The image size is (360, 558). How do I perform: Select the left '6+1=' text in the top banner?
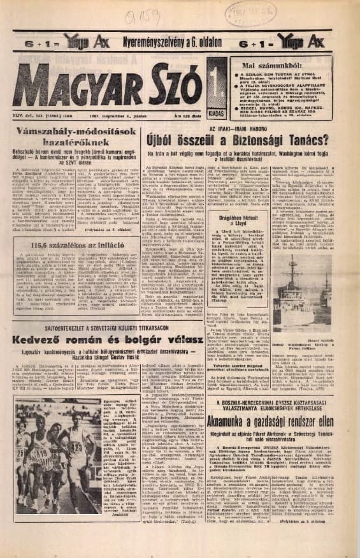coord(28,42)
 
